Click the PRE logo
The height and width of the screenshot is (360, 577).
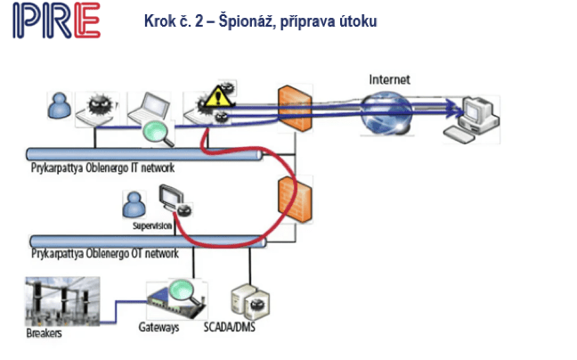click(56, 21)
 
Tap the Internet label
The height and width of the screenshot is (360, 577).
click(389, 80)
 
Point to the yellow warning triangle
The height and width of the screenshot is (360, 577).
click(215, 95)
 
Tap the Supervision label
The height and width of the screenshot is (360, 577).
click(150, 226)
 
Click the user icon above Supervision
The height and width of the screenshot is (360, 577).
click(136, 208)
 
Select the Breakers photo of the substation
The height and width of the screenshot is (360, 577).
click(62, 303)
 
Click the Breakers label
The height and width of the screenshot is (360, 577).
click(45, 337)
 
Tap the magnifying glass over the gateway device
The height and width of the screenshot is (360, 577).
click(183, 289)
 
